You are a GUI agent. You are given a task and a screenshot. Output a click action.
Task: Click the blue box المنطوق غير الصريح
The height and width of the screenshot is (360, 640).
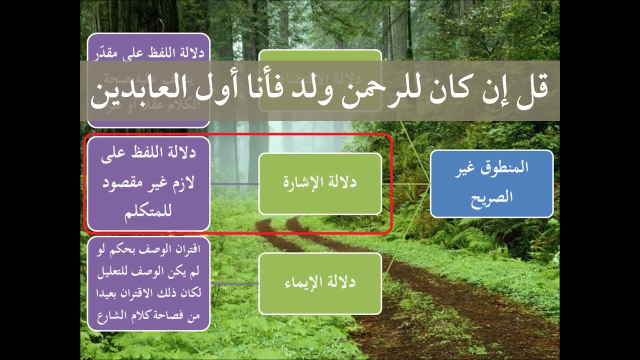point(491,183)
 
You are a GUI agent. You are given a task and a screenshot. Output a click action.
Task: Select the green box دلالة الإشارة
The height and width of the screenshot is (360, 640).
point(320,183)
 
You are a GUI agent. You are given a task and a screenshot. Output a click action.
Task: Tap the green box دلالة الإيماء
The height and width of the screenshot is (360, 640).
point(320,283)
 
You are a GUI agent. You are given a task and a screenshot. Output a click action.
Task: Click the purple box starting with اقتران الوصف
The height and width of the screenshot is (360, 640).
point(148,283)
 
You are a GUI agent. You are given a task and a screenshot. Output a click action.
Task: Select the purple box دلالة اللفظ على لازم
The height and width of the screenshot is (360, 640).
point(148,183)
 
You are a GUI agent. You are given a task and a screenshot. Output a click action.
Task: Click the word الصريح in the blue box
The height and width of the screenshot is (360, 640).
point(492,197)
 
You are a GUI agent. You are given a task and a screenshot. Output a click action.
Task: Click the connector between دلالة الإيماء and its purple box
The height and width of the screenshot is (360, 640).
point(234,283)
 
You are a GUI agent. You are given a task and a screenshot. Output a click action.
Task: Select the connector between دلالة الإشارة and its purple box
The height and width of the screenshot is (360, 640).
point(234,183)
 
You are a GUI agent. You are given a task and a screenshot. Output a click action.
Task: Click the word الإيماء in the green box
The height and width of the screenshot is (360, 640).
point(304,282)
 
